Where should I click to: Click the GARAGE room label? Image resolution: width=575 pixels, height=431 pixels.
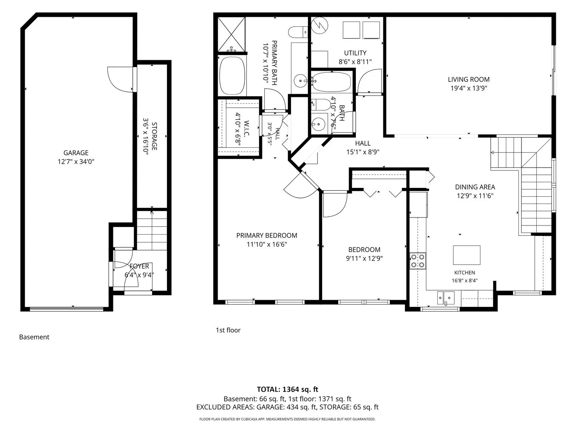[76, 153]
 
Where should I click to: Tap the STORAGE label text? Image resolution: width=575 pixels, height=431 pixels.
[154, 136]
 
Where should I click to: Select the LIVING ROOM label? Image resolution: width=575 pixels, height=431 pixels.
[468, 79]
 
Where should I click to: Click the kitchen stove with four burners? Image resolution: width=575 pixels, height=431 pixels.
[418, 261]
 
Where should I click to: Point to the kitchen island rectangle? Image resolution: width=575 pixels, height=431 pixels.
[466, 255]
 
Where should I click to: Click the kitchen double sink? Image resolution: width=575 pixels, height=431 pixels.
[445, 298]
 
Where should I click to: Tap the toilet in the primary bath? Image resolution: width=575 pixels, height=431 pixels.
[298, 32]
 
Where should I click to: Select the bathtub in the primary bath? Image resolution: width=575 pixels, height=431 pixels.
[232, 76]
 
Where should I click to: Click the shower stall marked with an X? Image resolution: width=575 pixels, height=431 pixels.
[232, 34]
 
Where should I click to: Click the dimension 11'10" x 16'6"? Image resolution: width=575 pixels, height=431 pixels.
[267, 244]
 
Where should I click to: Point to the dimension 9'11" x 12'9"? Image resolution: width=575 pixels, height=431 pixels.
[364, 259]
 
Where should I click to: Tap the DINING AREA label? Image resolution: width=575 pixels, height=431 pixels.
[475, 187]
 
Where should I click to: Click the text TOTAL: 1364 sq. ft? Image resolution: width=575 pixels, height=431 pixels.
[287, 389]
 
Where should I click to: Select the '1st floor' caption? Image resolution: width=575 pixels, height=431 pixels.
[228, 330]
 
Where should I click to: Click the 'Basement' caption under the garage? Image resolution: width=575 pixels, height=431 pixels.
[34, 337]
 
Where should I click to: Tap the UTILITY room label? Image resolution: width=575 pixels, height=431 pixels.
[355, 53]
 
